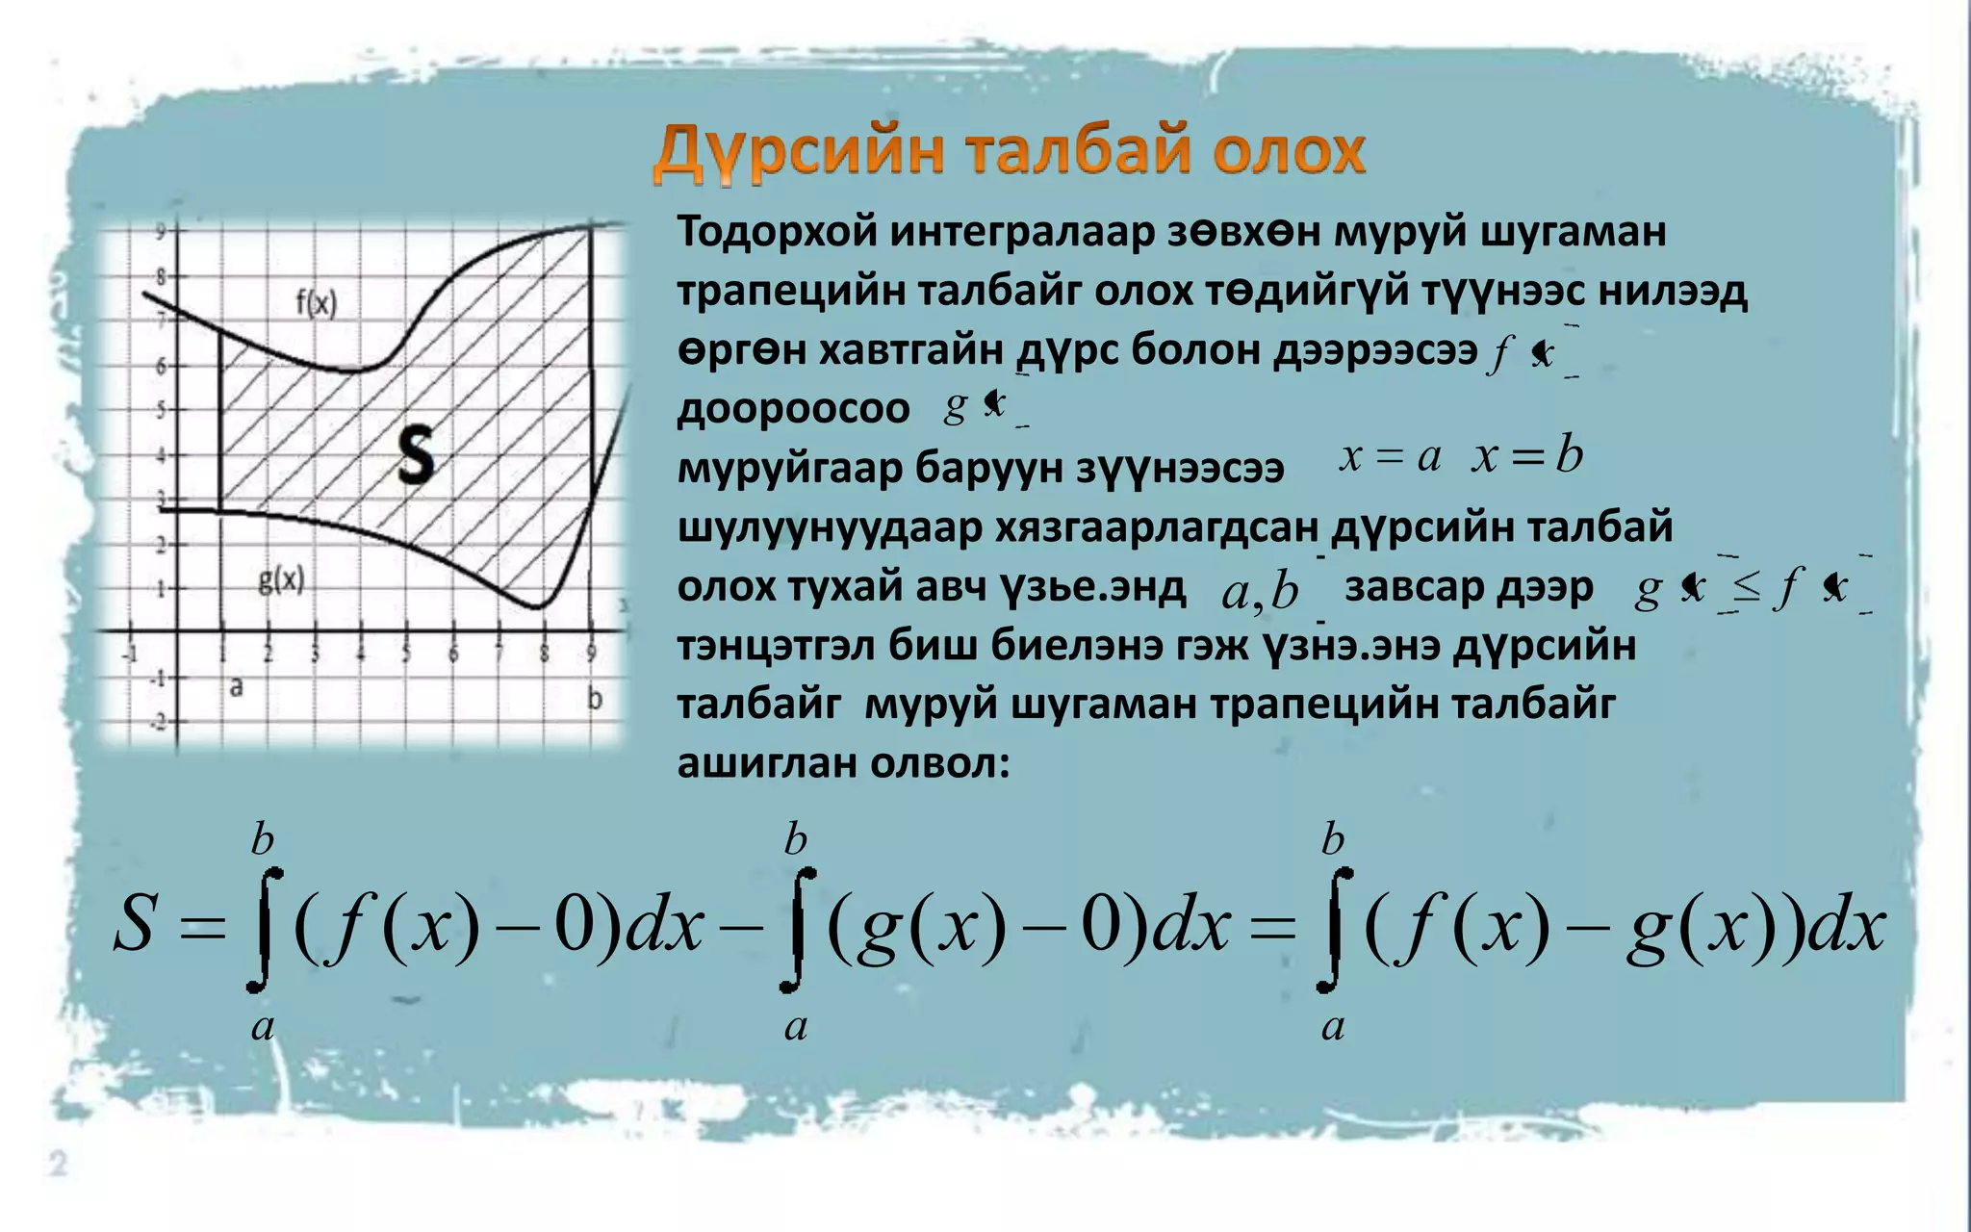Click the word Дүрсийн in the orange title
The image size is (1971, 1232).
click(x=798, y=153)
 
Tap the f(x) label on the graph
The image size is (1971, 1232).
click(x=316, y=303)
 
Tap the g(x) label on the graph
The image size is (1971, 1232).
click(x=281, y=579)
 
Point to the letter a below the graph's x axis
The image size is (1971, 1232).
click(x=236, y=687)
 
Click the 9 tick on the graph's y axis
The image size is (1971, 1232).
click(x=161, y=231)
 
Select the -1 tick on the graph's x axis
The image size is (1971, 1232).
click(x=130, y=654)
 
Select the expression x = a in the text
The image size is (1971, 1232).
click(x=1390, y=455)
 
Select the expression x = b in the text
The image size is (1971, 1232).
click(x=1527, y=454)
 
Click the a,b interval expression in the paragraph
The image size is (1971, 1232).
click(x=1260, y=590)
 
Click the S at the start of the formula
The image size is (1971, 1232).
click(x=134, y=924)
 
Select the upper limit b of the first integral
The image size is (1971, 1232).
click(x=263, y=840)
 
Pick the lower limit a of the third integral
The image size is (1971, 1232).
click(x=1333, y=1026)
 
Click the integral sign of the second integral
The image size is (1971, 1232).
click(x=798, y=929)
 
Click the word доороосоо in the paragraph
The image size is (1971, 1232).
click(x=793, y=409)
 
